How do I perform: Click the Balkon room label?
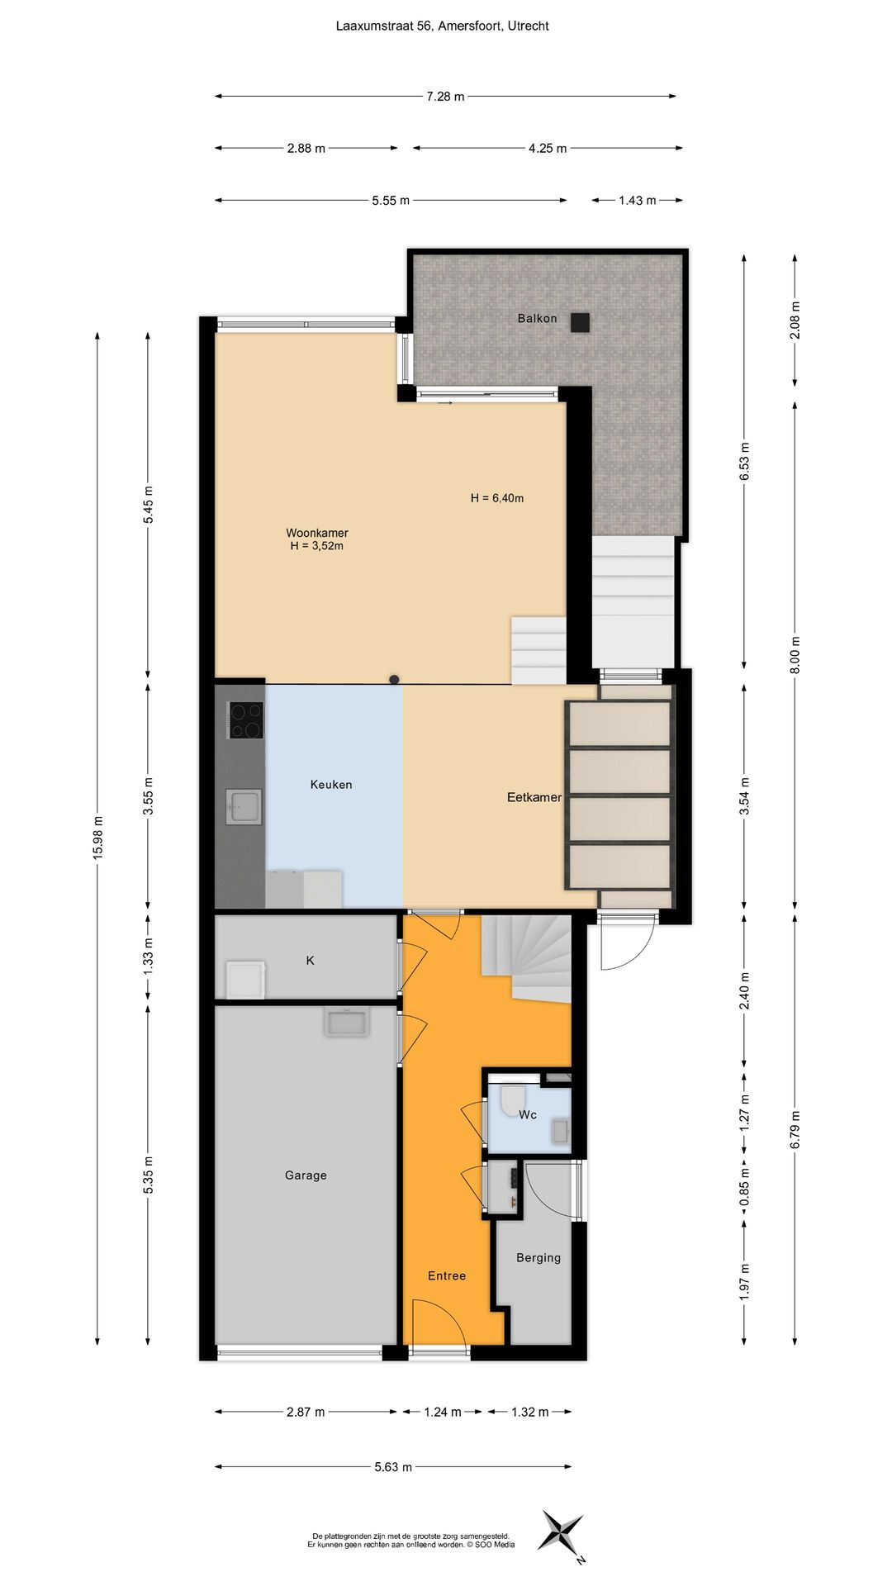(x=537, y=318)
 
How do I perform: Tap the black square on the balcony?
(x=580, y=322)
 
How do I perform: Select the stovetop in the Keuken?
(x=245, y=720)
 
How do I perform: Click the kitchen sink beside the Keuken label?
(x=244, y=807)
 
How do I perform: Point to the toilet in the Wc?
(x=513, y=1099)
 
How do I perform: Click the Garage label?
(x=306, y=1175)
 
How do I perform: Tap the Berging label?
(x=538, y=1258)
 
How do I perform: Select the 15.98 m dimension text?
(x=97, y=837)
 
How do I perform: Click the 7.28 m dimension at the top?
(x=444, y=97)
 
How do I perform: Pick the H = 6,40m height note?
(x=497, y=498)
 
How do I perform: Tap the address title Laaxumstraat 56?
(x=442, y=26)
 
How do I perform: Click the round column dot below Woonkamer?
(x=395, y=680)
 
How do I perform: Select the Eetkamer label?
(x=534, y=797)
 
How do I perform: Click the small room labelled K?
(x=311, y=961)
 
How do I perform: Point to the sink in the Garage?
(x=347, y=1023)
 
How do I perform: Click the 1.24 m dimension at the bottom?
(x=442, y=1412)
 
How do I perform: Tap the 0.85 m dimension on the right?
(x=744, y=1187)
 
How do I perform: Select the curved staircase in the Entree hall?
(x=529, y=958)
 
